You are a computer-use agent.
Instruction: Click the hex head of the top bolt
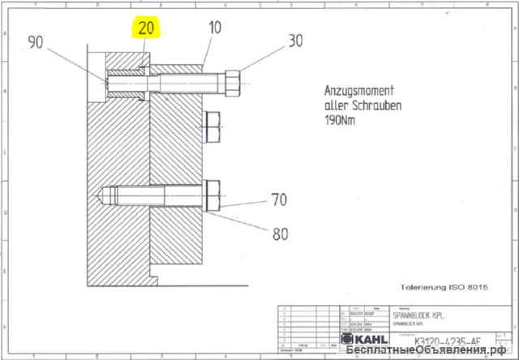click(229, 82)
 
